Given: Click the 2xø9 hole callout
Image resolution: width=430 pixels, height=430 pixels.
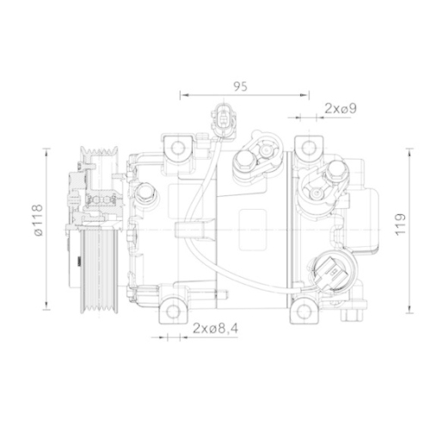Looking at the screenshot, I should (341, 108).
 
